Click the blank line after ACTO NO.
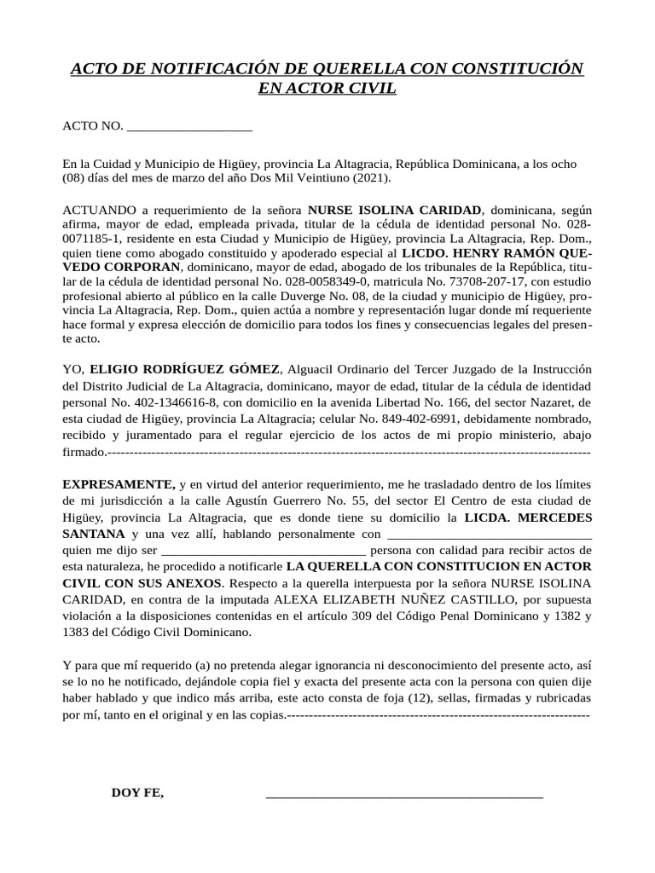tap(188, 127)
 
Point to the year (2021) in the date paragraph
tap(370, 178)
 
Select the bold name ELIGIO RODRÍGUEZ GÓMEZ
tap(184, 368)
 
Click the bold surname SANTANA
tap(95, 534)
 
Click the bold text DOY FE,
tap(137, 793)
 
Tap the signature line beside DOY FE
tap(404, 795)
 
